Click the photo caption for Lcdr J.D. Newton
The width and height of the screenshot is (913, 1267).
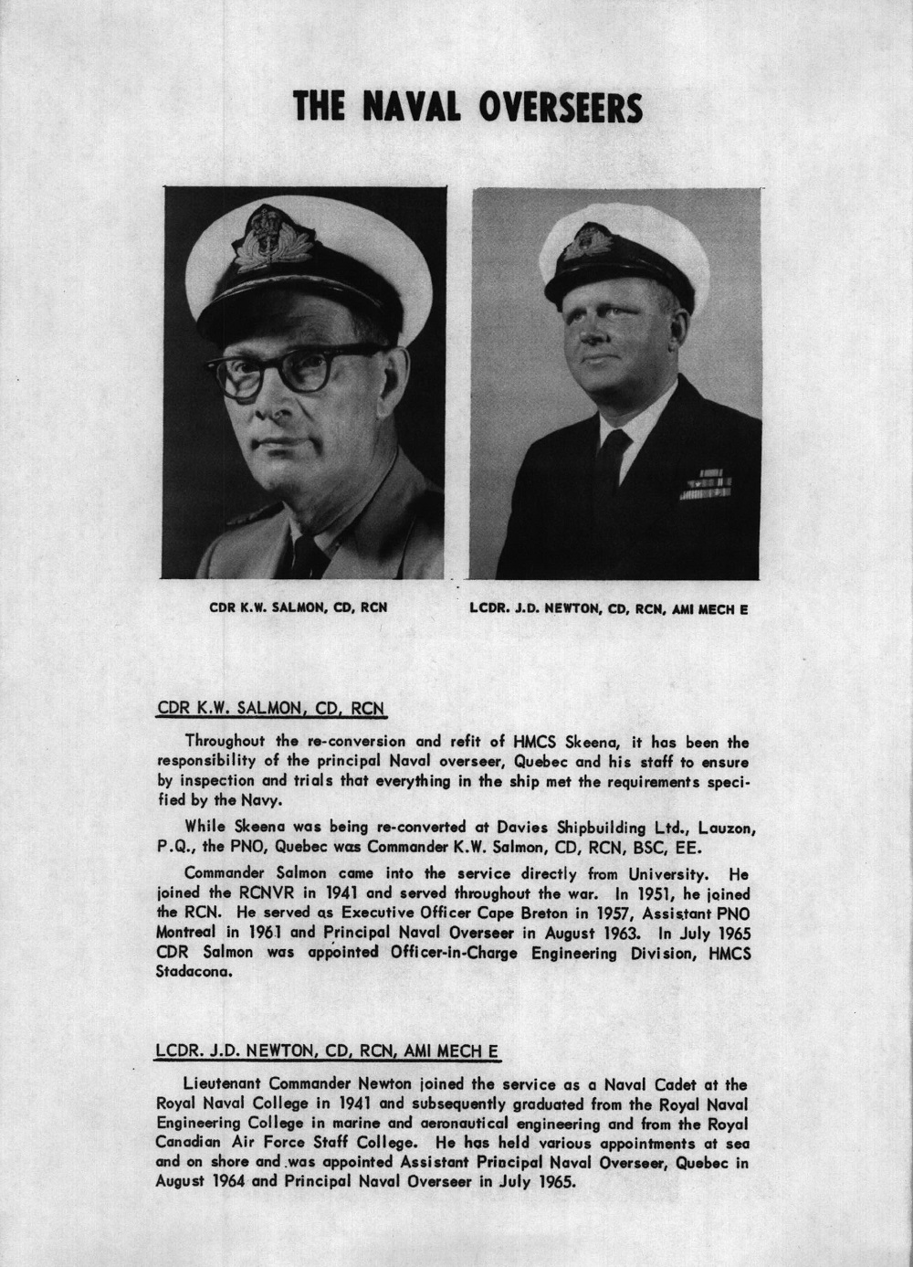point(609,607)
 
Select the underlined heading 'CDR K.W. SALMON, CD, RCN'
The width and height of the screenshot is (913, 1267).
point(272,707)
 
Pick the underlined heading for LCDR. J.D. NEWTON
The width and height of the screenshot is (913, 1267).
point(327,1051)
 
